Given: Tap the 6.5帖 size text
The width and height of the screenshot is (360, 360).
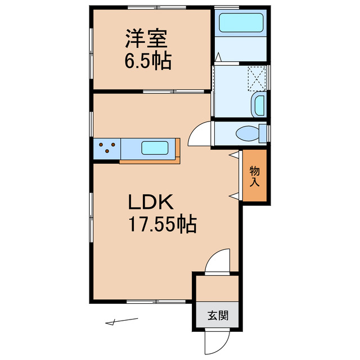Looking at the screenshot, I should [148, 60].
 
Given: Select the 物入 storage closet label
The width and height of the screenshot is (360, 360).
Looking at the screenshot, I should [255, 176].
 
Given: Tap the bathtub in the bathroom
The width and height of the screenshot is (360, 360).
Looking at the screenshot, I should [241, 24].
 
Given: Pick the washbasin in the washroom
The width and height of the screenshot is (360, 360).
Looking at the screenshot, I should [259, 105].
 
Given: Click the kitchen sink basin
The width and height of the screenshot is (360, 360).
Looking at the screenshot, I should [155, 148].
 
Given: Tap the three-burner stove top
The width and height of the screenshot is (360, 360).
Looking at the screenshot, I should [107, 148].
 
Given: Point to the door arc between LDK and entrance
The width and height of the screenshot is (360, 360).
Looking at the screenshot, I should [218, 262].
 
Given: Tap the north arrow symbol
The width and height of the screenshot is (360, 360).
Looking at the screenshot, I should [121, 322].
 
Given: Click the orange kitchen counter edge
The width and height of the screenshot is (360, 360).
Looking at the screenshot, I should [150, 161].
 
